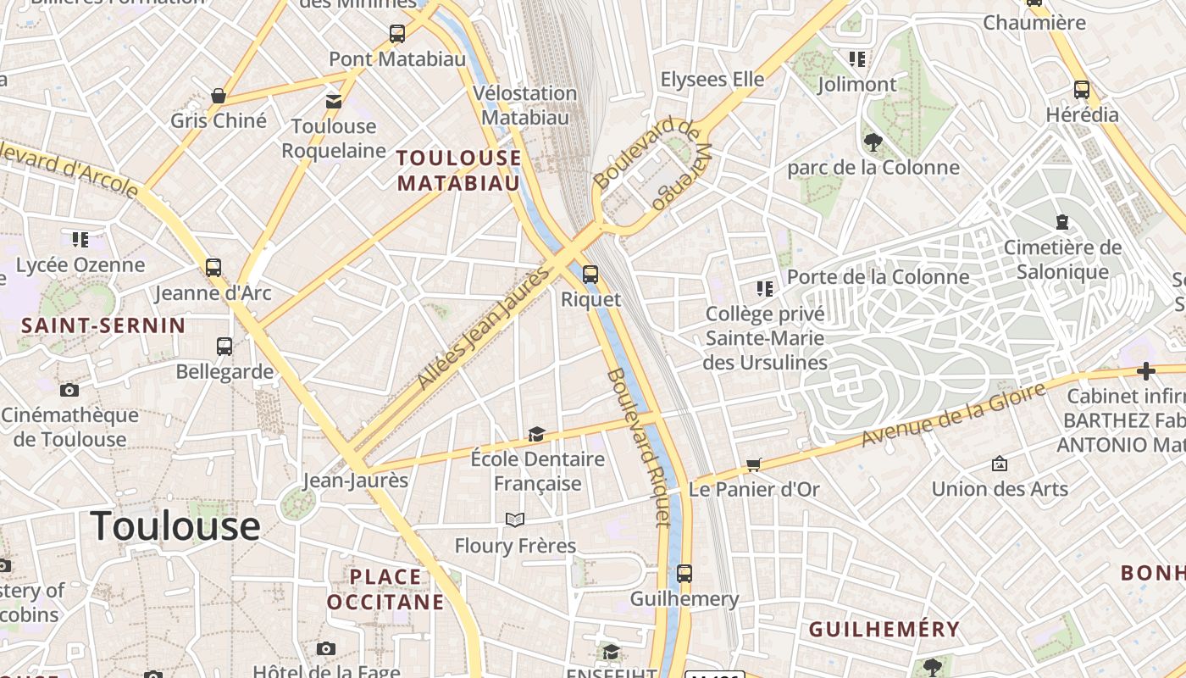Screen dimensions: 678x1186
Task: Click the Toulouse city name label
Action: coord(175,526)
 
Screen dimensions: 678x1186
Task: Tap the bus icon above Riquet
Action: coord(590,274)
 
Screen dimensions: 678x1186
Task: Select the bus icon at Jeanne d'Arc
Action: coord(213,268)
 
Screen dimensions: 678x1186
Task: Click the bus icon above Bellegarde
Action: coord(224,346)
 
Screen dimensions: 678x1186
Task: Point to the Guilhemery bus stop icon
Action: coord(684,573)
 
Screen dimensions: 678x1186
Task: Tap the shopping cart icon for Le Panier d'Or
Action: coord(753,464)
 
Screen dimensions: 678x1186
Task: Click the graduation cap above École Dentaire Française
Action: coord(536,434)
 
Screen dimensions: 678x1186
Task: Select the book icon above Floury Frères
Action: coord(515,520)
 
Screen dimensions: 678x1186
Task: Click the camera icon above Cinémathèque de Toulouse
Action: coord(69,390)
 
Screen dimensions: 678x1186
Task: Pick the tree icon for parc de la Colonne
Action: coord(873,142)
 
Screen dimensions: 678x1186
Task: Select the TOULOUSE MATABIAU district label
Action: coord(458,170)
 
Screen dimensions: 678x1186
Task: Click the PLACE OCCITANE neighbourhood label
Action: coord(385,589)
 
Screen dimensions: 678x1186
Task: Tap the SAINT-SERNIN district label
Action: coord(103,325)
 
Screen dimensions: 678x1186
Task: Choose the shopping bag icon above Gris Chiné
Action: coord(219,96)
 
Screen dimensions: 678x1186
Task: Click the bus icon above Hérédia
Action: coord(1082,89)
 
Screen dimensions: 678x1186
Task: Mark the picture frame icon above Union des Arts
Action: coord(1000,464)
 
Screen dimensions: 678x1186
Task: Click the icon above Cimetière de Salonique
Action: coord(1062,222)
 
